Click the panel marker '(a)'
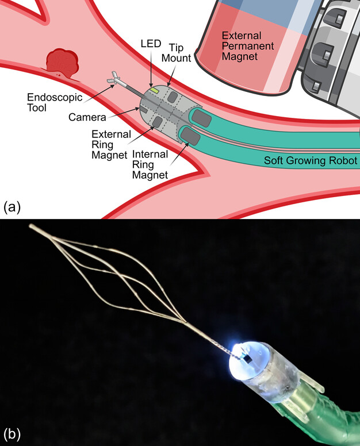pyautogui.click(x=12, y=206)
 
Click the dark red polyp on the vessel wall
pyautogui.click(x=60, y=63)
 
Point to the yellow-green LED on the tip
pyautogui.click(x=155, y=90)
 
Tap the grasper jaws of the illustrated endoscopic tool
pyautogui.click(x=114, y=78)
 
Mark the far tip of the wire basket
pyautogui.click(x=32, y=226)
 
